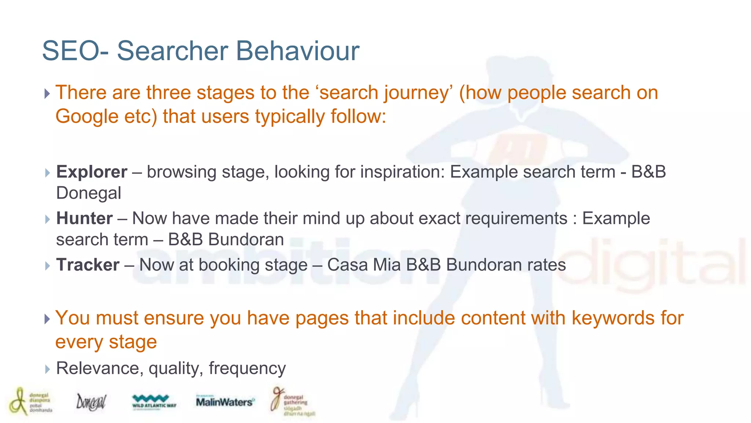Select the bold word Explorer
point(92,172)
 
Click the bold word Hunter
point(84,218)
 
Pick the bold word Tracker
point(88,265)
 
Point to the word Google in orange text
point(87,116)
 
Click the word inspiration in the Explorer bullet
point(402,172)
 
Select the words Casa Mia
point(364,265)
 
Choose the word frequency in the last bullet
point(247,368)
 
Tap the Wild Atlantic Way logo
point(154,402)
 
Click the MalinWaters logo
point(224,402)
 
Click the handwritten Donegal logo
point(91,402)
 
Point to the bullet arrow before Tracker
point(47,265)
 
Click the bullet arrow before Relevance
point(47,369)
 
